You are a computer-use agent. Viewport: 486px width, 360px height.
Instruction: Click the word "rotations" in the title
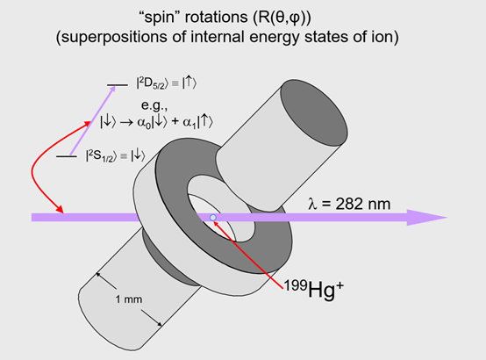[217, 17]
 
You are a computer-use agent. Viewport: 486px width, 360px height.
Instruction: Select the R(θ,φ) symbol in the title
[282, 18]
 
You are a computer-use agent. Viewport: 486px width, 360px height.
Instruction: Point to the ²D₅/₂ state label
[153, 83]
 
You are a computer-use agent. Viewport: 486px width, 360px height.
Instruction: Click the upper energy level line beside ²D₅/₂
[118, 84]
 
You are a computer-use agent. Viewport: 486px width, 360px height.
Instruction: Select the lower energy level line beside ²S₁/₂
[67, 156]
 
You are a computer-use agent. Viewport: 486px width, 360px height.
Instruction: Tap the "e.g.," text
[154, 105]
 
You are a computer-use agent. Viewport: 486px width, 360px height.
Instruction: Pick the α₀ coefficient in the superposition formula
[144, 123]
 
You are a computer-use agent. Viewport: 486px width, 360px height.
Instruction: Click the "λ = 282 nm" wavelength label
[349, 204]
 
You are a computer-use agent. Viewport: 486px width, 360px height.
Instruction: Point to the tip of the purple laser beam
[447, 217]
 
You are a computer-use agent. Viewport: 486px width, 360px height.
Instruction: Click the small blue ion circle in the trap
[213, 218]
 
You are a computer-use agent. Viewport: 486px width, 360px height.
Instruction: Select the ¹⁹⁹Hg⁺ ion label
[314, 289]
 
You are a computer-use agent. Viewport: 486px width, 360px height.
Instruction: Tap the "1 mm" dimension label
[129, 299]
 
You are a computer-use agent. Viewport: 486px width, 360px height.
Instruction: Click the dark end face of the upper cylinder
[314, 112]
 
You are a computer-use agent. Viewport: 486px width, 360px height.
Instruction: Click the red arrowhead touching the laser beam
[60, 209]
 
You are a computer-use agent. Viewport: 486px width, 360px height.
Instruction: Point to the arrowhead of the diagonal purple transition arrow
[112, 89]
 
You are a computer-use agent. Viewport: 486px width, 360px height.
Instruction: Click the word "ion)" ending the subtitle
[386, 38]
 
